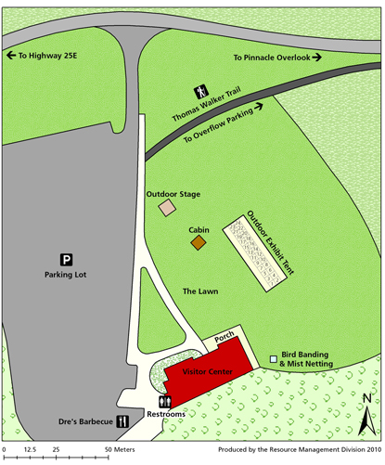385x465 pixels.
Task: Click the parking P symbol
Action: (66, 259)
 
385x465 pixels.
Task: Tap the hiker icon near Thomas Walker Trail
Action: (200, 91)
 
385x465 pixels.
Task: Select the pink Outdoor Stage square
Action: (167, 209)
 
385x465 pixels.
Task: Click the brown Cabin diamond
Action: (198, 243)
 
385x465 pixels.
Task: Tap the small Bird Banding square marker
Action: (273, 359)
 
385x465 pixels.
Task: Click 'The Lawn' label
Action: (199, 291)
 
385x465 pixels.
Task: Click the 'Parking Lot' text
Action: (66, 275)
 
